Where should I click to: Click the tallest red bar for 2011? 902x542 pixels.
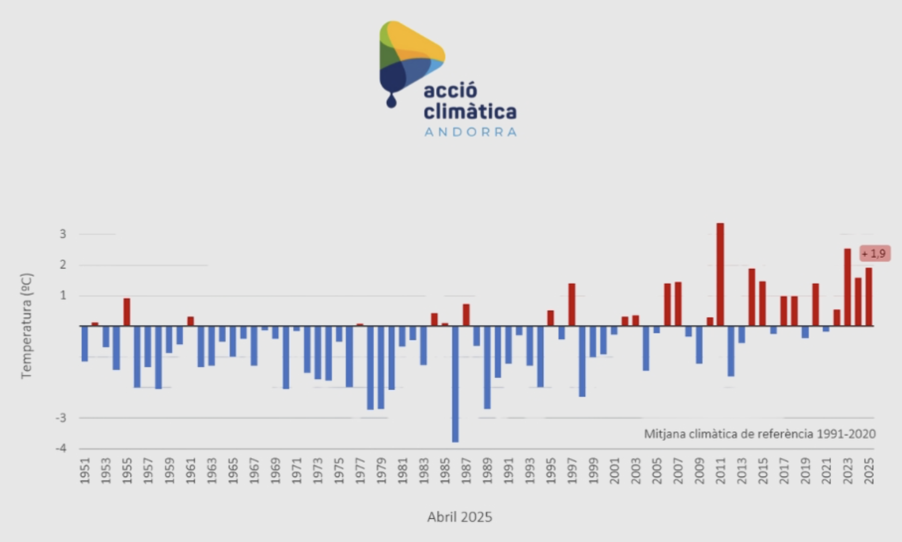click(x=720, y=274)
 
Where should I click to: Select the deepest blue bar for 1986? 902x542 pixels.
click(x=455, y=384)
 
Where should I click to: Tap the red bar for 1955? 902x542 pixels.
click(x=127, y=312)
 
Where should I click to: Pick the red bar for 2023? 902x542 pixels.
click(x=847, y=287)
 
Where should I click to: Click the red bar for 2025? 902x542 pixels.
click(x=869, y=297)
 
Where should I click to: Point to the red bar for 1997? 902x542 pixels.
click(x=571, y=304)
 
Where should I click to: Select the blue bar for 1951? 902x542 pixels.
click(x=85, y=344)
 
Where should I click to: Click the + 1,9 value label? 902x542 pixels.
click(x=874, y=254)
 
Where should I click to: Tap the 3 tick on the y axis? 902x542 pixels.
click(x=63, y=234)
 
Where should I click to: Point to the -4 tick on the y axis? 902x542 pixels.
click(x=61, y=449)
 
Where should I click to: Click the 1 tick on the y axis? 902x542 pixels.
click(x=63, y=296)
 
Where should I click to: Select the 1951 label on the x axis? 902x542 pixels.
click(x=85, y=471)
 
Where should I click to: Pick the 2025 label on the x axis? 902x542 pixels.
click(x=869, y=471)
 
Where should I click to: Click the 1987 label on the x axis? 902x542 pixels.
click(x=466, y=471)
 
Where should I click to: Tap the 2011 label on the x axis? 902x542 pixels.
click(x=721, y=471)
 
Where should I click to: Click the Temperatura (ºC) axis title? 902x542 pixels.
click(x=27, y=326)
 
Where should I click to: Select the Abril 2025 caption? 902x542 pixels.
click(x=459, y=517)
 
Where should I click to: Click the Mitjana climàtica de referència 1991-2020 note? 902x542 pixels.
click(x=759, y=434)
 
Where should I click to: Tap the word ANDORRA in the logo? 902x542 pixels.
click(x=471, y=132)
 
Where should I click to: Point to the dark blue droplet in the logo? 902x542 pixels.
click(x=391, y=101)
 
